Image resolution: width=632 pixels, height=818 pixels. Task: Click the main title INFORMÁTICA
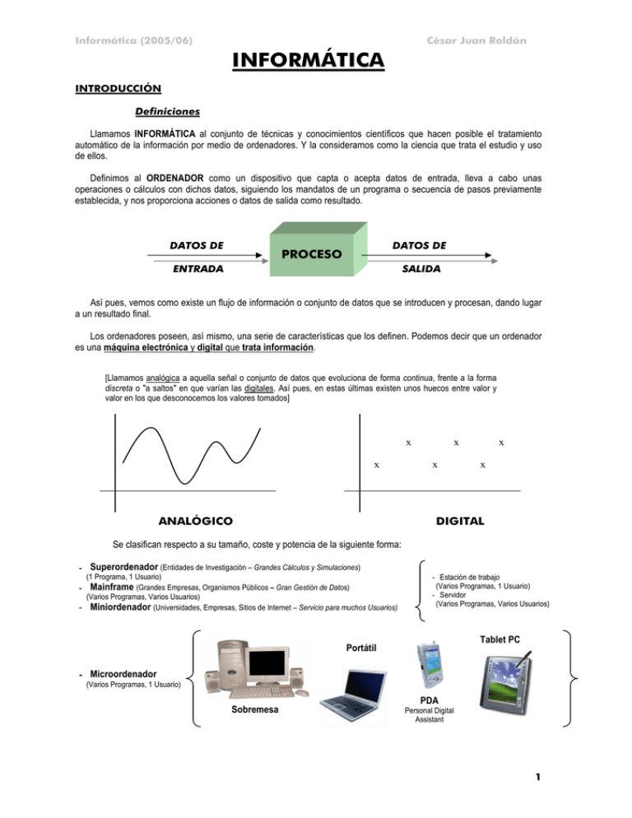coord(308,60)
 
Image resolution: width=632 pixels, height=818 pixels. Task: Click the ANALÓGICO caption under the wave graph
coord(194,521)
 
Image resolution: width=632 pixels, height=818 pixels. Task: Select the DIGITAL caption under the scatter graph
coord(460,521)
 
